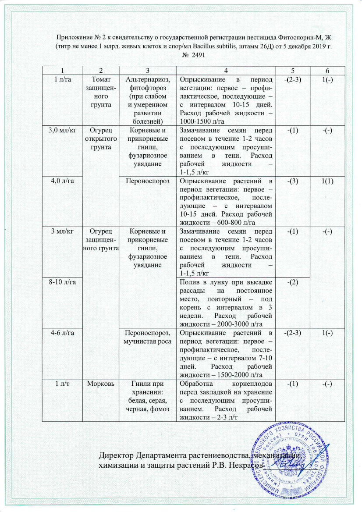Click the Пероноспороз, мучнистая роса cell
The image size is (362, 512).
[147, 337]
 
